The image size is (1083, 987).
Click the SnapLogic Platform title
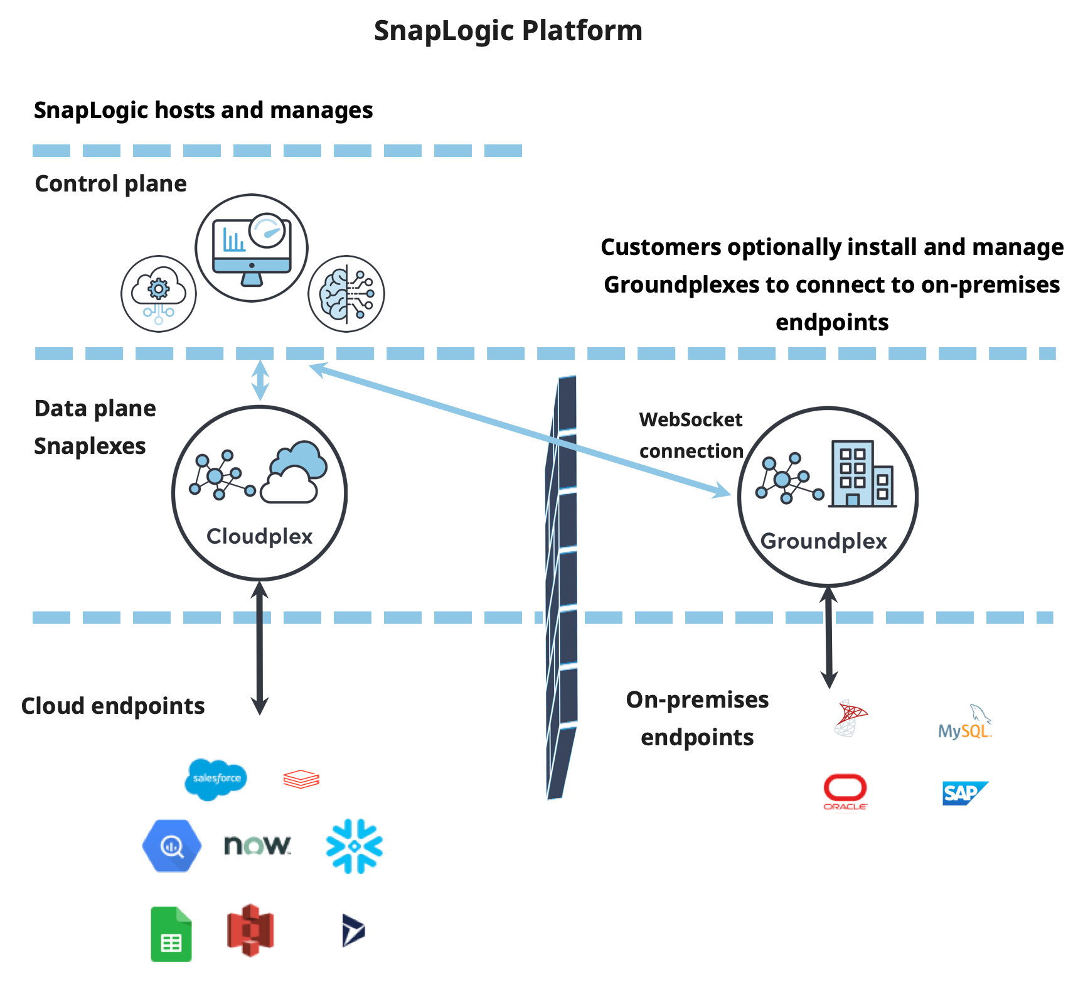[508, 31]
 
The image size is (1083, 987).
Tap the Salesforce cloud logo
[216, 779]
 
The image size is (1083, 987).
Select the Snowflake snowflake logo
[355, 846]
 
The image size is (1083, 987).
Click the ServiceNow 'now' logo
[257, 845]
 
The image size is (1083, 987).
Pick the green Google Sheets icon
[171, 934]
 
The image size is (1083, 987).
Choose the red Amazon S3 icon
[250, 930]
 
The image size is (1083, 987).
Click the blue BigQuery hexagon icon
[172, 846]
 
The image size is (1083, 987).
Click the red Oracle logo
[845, 791]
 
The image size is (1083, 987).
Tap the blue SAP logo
[964, 793]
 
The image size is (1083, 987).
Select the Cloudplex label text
[259, 536]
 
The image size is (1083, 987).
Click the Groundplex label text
[823, 541]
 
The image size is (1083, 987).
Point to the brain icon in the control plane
[346, 293]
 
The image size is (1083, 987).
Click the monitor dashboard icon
[252, 248]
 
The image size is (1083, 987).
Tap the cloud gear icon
[159, 294]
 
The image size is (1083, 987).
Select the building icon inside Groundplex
[862, 474]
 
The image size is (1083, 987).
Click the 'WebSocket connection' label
[691, 435]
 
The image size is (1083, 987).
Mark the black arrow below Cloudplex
[260, 647]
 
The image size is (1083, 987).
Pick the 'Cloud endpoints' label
[113, 706]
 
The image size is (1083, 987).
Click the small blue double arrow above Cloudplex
[260, 380]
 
